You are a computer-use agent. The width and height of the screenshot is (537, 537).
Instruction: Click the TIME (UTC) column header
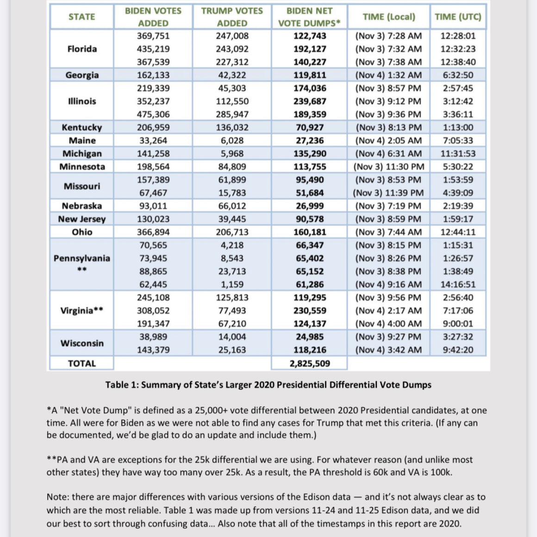[458, 17]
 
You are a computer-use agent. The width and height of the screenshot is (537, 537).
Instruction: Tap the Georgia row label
[82, 75]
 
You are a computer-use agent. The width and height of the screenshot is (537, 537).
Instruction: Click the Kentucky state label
[82, 127]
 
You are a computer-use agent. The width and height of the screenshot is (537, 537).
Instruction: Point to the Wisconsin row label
[82, 343]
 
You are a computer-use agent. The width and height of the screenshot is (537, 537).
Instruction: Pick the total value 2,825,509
[310, 363]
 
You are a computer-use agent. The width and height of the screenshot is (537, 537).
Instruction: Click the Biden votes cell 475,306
[153, 114]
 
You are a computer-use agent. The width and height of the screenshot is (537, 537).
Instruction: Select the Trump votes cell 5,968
[232, 154]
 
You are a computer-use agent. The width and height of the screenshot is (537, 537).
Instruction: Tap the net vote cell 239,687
[310, 101]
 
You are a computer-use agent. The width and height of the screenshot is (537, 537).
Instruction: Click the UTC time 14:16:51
[458, 285]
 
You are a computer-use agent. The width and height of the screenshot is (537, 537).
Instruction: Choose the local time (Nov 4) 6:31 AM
[388, 154]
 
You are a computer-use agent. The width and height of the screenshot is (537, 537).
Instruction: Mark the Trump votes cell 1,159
[232, 285]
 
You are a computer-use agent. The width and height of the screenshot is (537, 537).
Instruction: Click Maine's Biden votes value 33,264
[153, 141]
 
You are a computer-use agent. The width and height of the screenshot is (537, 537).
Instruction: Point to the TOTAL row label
[82, 363]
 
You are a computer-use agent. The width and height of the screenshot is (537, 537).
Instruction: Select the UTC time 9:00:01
[458, 324]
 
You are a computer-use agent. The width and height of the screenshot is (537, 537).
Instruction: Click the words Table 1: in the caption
[122, 385]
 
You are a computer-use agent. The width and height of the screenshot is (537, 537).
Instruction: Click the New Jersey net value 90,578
[310, 219]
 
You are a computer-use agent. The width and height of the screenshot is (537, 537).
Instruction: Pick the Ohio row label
[82, 232]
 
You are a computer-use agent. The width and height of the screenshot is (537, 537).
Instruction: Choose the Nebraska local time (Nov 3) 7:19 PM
[388, 206]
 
